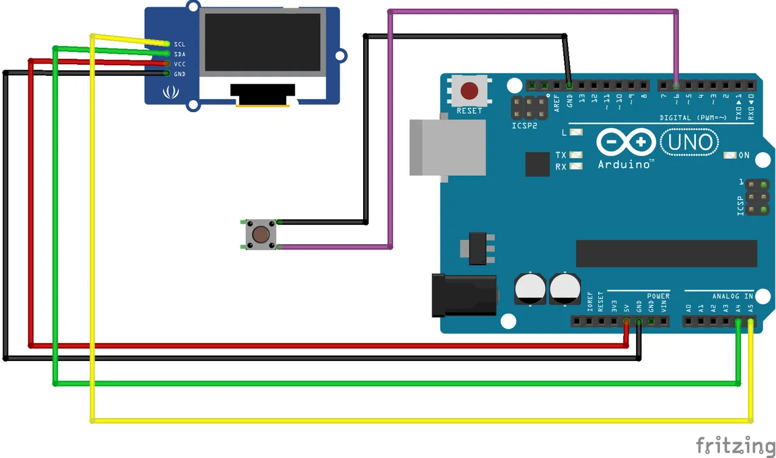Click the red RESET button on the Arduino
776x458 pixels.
(x=469, y=91)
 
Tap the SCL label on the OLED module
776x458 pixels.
(x=179, y=44)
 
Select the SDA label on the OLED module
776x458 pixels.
(x=179, y=54)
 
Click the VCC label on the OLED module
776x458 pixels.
(x=179, y=64)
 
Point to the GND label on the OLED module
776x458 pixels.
(x=179, y=74)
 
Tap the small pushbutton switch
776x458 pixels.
(x=261, y=234)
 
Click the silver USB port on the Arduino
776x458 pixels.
(x=447, y=147)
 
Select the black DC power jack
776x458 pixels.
(x=464, y=295)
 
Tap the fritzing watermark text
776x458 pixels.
(x=735, y=445)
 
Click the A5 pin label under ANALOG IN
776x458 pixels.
(x=751, y=308)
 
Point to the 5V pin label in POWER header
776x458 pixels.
(x=626, y=308)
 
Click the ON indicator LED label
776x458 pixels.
(x=744, y=156)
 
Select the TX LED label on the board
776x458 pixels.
(x=561, y=155)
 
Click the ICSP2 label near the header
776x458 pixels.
(x=525, y=126)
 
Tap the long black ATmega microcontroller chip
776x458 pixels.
(x=666, y=253)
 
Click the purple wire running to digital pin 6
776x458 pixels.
(x=533, y=11)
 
